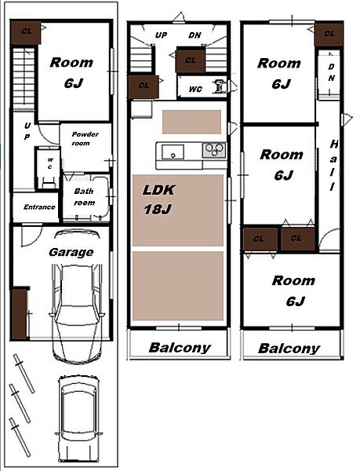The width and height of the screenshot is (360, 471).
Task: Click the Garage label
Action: click(71, 252)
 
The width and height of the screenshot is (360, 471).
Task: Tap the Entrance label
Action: click(39, 207)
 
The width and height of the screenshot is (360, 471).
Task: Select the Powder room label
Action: click(85, 138)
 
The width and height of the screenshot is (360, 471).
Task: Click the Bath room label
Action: click(84, 197)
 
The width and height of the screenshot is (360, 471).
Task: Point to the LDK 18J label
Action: click(159, 199)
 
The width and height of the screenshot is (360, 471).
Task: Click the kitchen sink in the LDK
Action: click(173, 152)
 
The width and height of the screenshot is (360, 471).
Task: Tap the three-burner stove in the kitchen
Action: click(214, 150)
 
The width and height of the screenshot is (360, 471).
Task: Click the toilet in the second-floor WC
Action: click(220, 86)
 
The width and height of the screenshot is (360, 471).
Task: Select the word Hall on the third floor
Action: click(333, 165)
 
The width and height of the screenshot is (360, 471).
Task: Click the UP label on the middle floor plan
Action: click(161, 35)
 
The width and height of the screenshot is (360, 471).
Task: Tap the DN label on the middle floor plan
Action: click(195, 35)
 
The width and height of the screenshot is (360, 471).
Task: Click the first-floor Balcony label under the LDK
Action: click(180, 348)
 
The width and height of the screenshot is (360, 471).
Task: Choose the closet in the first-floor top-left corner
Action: click(26, 32)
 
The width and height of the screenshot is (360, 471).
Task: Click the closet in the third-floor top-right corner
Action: click(329, 35)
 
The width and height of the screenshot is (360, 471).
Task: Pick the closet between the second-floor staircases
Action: click(191, 61)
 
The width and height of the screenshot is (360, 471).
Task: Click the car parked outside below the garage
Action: click(79, 421)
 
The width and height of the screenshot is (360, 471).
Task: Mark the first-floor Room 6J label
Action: click(72, 72)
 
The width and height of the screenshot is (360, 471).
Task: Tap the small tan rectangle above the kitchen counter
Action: click(191, 122)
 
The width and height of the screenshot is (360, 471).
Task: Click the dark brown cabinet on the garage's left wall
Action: click(19, 313)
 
